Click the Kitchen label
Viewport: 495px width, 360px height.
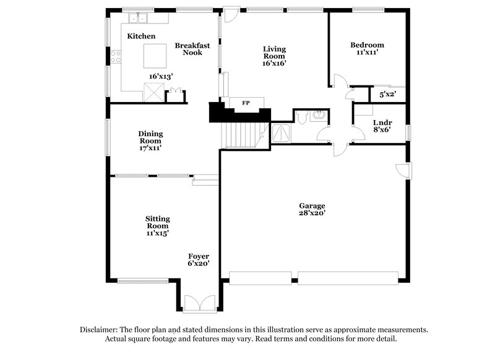pos(141,36)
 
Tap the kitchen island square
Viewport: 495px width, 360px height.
pos(155,56)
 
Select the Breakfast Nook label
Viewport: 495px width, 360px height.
pos(192,49)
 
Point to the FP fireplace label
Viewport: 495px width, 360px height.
pos(245,103)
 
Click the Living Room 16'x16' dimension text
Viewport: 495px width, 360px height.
pos(273,63)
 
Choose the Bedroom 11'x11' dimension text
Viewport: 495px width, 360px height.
pos(367,53)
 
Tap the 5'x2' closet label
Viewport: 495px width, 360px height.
pos(387,95)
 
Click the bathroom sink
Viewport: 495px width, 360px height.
pos(318,115)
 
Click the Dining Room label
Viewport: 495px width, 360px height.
pos(150,137)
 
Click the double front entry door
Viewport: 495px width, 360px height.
pos(199,304)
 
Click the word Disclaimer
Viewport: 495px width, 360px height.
pos(101,330)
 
